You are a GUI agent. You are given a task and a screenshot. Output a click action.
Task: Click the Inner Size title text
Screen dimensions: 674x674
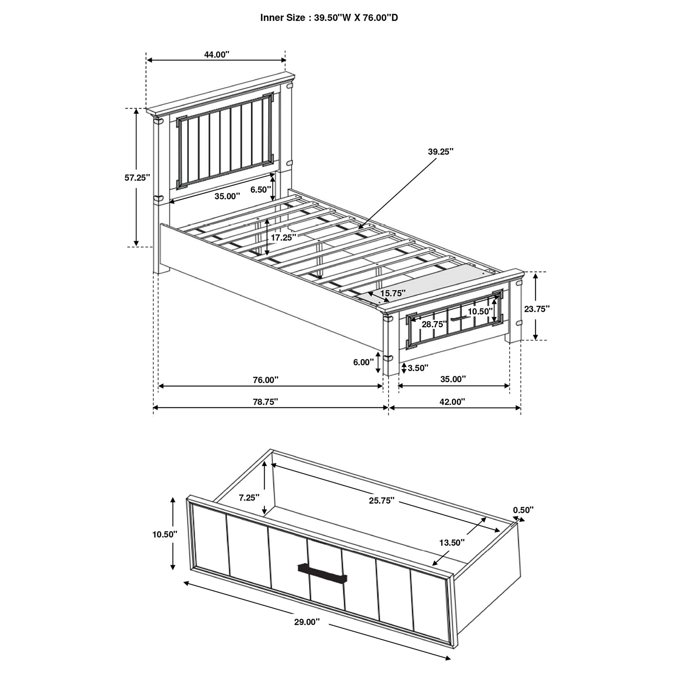pos(329,18)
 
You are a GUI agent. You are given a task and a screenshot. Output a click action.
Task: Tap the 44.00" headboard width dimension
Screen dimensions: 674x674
pos(217,54)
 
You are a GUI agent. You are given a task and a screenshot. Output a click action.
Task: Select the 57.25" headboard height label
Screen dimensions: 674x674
pos(137,178)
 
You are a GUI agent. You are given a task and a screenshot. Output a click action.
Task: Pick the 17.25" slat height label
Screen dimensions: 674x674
pos(284,238)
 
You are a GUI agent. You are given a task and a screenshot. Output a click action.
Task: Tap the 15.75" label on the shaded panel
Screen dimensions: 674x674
pos(393,293)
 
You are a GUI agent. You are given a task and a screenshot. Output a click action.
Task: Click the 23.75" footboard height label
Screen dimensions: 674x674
pos(537,309)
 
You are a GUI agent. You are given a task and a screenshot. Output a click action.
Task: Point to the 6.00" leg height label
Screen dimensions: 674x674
pos(363,362)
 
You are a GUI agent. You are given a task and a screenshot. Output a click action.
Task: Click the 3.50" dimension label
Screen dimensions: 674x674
pos(418,368)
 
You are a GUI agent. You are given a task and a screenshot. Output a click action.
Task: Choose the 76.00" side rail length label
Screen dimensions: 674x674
pos(266,380)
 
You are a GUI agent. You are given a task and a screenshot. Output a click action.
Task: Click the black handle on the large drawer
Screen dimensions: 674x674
pos(322,573)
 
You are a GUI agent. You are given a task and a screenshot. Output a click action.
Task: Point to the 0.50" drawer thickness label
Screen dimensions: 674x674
pos(523,510)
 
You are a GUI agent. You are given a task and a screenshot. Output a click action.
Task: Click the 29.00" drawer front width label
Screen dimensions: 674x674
pos(307,622)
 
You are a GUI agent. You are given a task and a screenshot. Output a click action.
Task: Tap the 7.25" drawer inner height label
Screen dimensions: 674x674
pos(249,497)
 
